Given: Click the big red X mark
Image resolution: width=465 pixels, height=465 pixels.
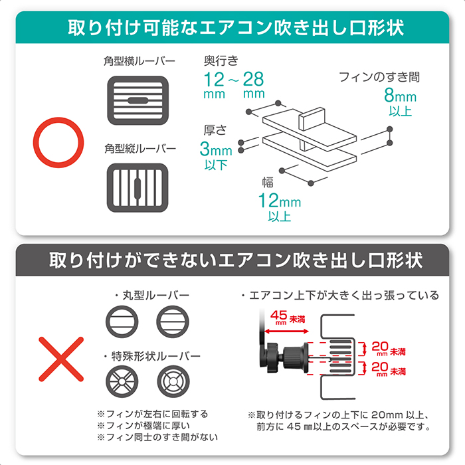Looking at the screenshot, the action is pyautogui.click(x=61, y=359).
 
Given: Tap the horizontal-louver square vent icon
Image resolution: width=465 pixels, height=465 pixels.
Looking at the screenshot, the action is pyautogui.click(x=138, y=100).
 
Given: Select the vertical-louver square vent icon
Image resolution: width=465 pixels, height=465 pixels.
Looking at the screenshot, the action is pyautogui.click(x=138, y=188).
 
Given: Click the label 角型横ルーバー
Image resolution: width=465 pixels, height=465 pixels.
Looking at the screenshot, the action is pyautogui.click(x=139, y=61).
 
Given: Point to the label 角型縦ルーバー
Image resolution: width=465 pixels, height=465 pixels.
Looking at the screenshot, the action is pyautogui.click(x=140, y=148).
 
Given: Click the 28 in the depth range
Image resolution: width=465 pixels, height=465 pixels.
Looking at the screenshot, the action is pyautogui.click(x=254, y=79).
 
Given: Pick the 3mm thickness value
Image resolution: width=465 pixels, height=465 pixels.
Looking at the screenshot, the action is pyautogui.click(x=216, y=149).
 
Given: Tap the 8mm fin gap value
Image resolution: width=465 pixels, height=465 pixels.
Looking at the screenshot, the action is pyautogui.click(x=400, y=95).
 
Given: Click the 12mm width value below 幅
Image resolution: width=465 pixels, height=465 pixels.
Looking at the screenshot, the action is pyautogui.click(x=280, y=200).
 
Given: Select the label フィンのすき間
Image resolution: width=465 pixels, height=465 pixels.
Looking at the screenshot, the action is pyautogui.click(x=379, y=77).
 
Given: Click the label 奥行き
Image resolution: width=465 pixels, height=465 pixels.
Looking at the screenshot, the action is pyautogui.click(x=221, y=61).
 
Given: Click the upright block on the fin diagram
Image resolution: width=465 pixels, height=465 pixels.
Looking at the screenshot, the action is pyautogui.click(x=312, y=119).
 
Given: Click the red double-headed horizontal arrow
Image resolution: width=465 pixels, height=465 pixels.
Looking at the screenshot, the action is pyautogui.click(x=286, y=331).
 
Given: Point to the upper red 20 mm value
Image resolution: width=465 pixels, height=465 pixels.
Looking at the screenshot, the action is pyautogui.click(x=380, y=348).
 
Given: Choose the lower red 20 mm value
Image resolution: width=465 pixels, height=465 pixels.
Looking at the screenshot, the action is pyautogui.click(x=380, y=368).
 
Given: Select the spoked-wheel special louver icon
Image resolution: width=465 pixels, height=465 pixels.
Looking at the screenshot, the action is pyautogui.click(x=122, y=381).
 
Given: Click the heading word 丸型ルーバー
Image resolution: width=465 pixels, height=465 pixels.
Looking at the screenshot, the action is pyautogui.click(x=155, y=295).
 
